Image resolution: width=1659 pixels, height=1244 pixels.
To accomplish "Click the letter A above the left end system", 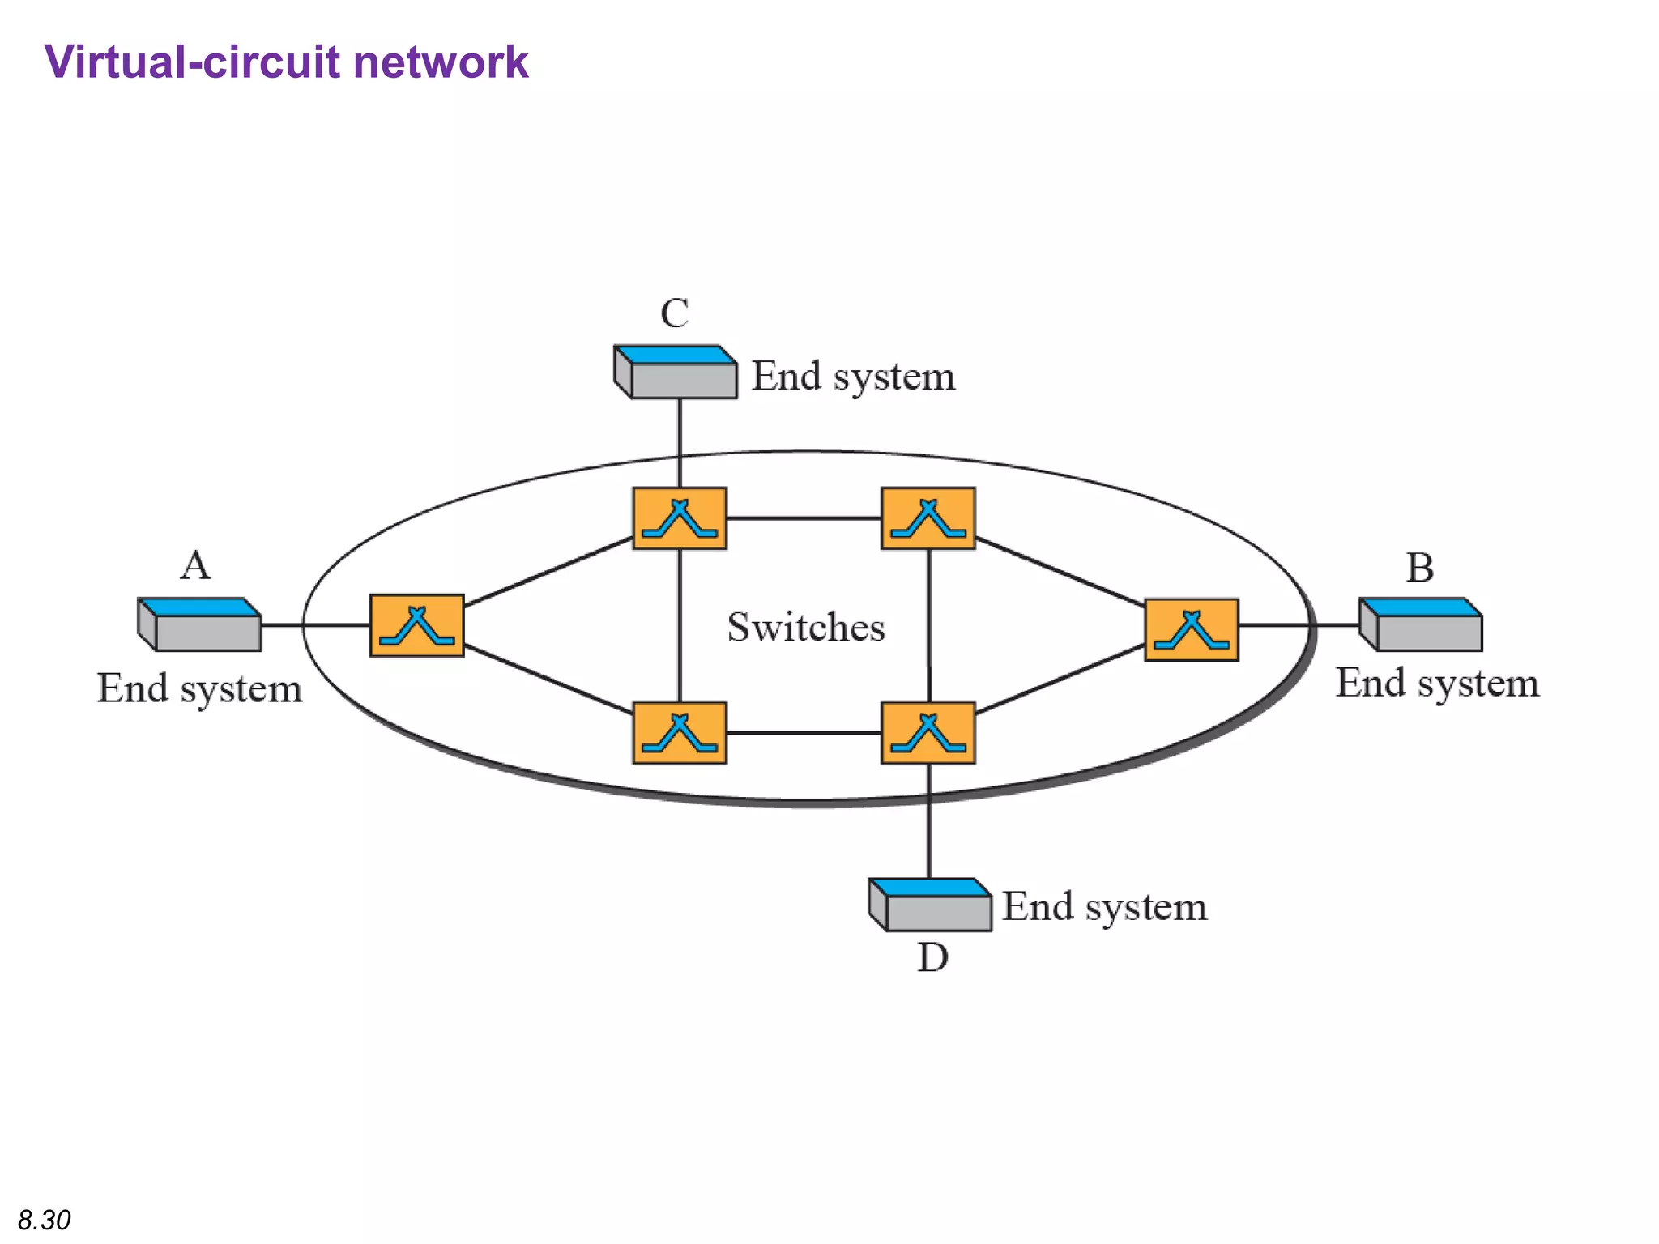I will [195, 565].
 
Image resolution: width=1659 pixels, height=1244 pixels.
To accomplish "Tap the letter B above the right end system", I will [1419, 568].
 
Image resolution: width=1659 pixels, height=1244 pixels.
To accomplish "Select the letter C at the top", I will [674, 313].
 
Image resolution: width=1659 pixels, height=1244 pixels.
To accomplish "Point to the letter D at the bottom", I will [932, 958].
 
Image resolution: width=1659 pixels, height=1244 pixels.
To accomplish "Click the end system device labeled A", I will [200, 624].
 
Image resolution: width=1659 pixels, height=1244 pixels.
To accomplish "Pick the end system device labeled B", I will [1421, 624].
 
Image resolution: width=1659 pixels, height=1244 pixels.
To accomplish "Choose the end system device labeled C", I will [676, 373].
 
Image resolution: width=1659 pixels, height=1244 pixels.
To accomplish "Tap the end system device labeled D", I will [930, 905].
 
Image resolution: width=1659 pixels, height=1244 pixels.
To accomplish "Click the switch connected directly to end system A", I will [417, 625].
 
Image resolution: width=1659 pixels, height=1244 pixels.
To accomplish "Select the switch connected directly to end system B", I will [1191, 630].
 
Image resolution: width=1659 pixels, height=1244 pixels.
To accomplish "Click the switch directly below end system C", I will [680, 518].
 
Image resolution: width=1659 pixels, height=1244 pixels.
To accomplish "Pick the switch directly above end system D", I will [928, 733].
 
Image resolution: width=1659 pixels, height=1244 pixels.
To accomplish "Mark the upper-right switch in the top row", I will [928, 518].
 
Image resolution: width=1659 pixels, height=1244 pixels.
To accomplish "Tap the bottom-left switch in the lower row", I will [680, 733].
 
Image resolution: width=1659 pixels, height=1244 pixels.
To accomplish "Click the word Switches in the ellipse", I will [806, 628].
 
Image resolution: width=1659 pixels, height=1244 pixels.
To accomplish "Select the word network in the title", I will [441, 62].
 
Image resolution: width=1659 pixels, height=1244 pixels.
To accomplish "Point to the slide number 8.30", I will [45, 1220].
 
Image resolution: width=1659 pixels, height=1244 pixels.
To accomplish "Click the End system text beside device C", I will [853, 377].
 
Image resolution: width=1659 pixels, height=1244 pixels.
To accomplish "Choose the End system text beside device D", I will [1104, 906].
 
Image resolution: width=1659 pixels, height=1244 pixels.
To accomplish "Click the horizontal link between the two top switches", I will [804, 518].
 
